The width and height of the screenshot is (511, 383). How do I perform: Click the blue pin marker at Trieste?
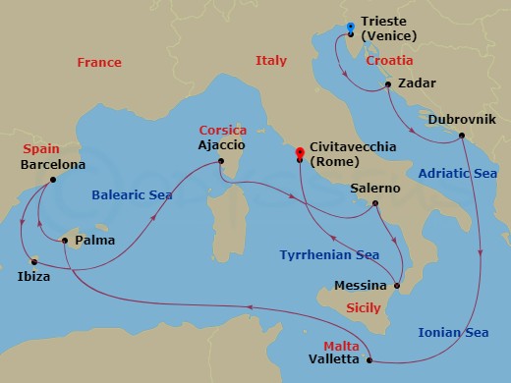pos(351,28)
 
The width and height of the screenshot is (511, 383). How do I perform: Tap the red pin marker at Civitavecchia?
pos(299,152)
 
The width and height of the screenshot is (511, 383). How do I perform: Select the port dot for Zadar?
pos(389,84)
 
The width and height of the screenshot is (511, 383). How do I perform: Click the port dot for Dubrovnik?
pos(462,137)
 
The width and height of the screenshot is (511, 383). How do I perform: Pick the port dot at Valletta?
pos(369,360)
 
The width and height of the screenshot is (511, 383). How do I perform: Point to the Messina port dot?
pos(397,286)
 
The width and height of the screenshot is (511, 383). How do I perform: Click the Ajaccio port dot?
pos(222,162)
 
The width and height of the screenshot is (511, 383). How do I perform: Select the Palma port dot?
pos(65,240)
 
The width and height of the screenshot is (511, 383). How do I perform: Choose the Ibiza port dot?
pos(33,261)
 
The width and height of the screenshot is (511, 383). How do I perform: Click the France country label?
pos(99,63)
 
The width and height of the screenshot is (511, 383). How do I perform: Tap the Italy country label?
pos(270,61)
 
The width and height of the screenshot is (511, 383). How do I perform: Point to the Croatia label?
pos(389,60)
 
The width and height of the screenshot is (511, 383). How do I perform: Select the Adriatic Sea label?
pos(457,173)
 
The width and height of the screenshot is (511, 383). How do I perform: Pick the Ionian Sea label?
pos(453,333)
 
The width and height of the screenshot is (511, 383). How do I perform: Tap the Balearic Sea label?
pos(132,195)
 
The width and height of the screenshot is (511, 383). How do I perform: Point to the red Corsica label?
pos(222,130)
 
